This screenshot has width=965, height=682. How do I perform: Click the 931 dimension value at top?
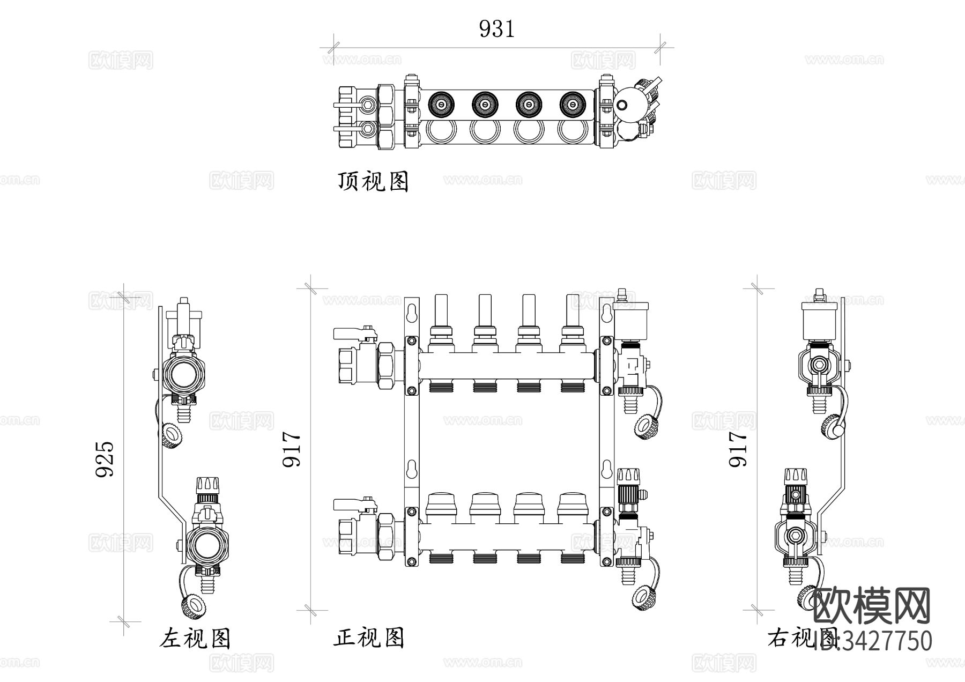[496, 29]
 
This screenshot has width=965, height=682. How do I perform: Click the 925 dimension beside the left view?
[105, 459]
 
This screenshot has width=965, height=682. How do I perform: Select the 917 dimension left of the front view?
[293, 449]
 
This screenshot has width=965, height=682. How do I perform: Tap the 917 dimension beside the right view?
[738, 449]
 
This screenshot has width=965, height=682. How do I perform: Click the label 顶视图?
[373, 181]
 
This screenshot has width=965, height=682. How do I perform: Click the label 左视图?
[195, 638]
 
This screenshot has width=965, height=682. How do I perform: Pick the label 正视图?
[369, 638]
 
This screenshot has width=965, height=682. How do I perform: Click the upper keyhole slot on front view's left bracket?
[412, 313]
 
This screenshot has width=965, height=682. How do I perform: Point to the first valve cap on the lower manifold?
[441, 504]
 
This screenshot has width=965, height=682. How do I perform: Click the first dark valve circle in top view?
[441, 104]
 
